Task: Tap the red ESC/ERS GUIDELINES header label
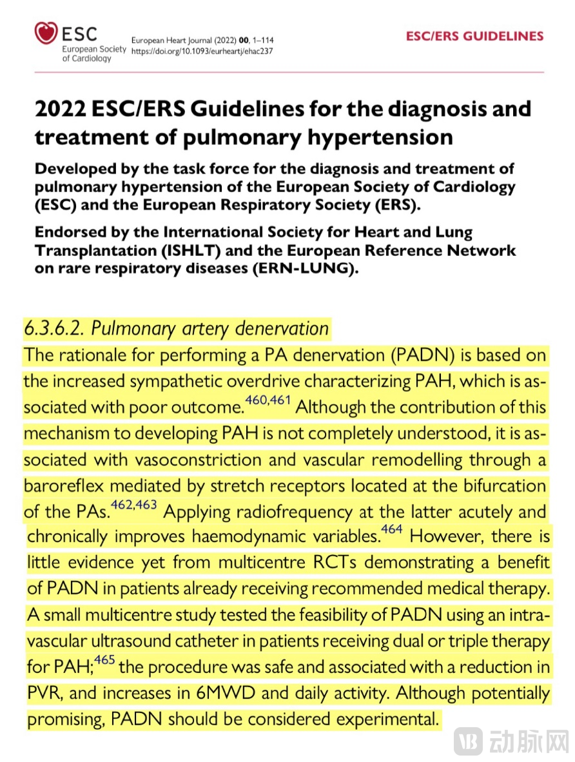point(474,37)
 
